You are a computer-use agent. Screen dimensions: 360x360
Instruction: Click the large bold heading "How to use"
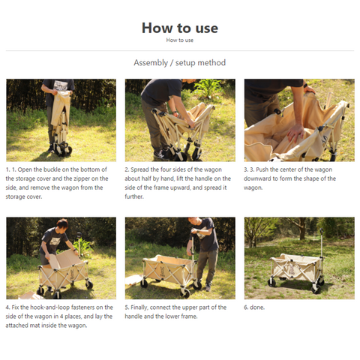click(x=180, y=28)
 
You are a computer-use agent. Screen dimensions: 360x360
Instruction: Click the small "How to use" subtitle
click(x=180, y=40)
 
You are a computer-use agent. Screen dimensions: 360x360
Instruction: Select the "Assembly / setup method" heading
click(x=180, y=62)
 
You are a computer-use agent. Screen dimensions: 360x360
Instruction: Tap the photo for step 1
click(x=61, y=120)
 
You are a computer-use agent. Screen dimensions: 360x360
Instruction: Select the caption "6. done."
click(x=254, y=307)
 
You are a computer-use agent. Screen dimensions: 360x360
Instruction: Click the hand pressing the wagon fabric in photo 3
click(x=295, y=133)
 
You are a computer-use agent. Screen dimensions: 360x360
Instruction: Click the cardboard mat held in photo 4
click(x=65, y=260)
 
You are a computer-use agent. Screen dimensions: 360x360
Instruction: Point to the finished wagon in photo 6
click(x=297, y=271)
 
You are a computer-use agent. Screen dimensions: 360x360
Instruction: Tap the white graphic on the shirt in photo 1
click(x=61, y=85)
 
